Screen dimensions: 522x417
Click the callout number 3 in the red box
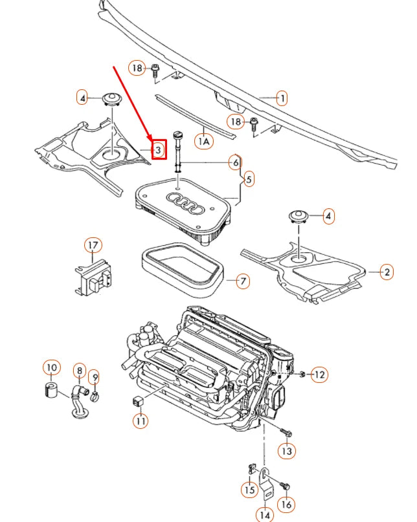point(159,149)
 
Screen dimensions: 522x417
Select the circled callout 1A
point(205,140)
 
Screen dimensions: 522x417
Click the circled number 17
point(93,246)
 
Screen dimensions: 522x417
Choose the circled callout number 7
point(242,281)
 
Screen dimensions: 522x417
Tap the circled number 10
point(51,369)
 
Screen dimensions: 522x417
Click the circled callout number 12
point(320,374)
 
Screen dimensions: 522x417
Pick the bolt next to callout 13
point(287,432)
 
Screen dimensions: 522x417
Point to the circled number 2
point(387,272)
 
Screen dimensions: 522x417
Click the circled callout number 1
point(282,98)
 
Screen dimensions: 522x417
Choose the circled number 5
point(249,178)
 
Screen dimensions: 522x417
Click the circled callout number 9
point(94,376)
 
